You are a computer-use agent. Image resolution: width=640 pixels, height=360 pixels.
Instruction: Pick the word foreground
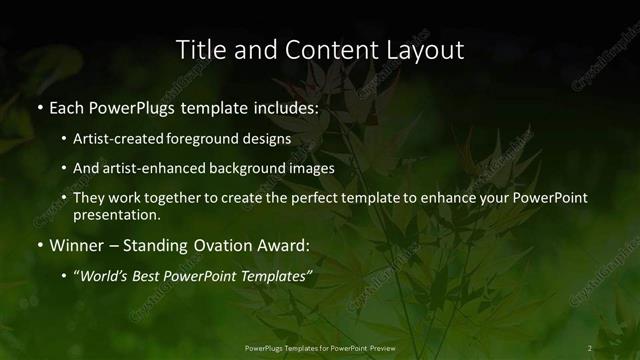coord(207,139)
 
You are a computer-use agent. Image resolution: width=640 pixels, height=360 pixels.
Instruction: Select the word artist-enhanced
coord(149,168)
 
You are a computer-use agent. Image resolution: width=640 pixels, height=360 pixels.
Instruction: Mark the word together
coord(180,198)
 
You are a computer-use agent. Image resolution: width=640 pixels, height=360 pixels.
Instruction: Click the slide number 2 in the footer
coord(590,348)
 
